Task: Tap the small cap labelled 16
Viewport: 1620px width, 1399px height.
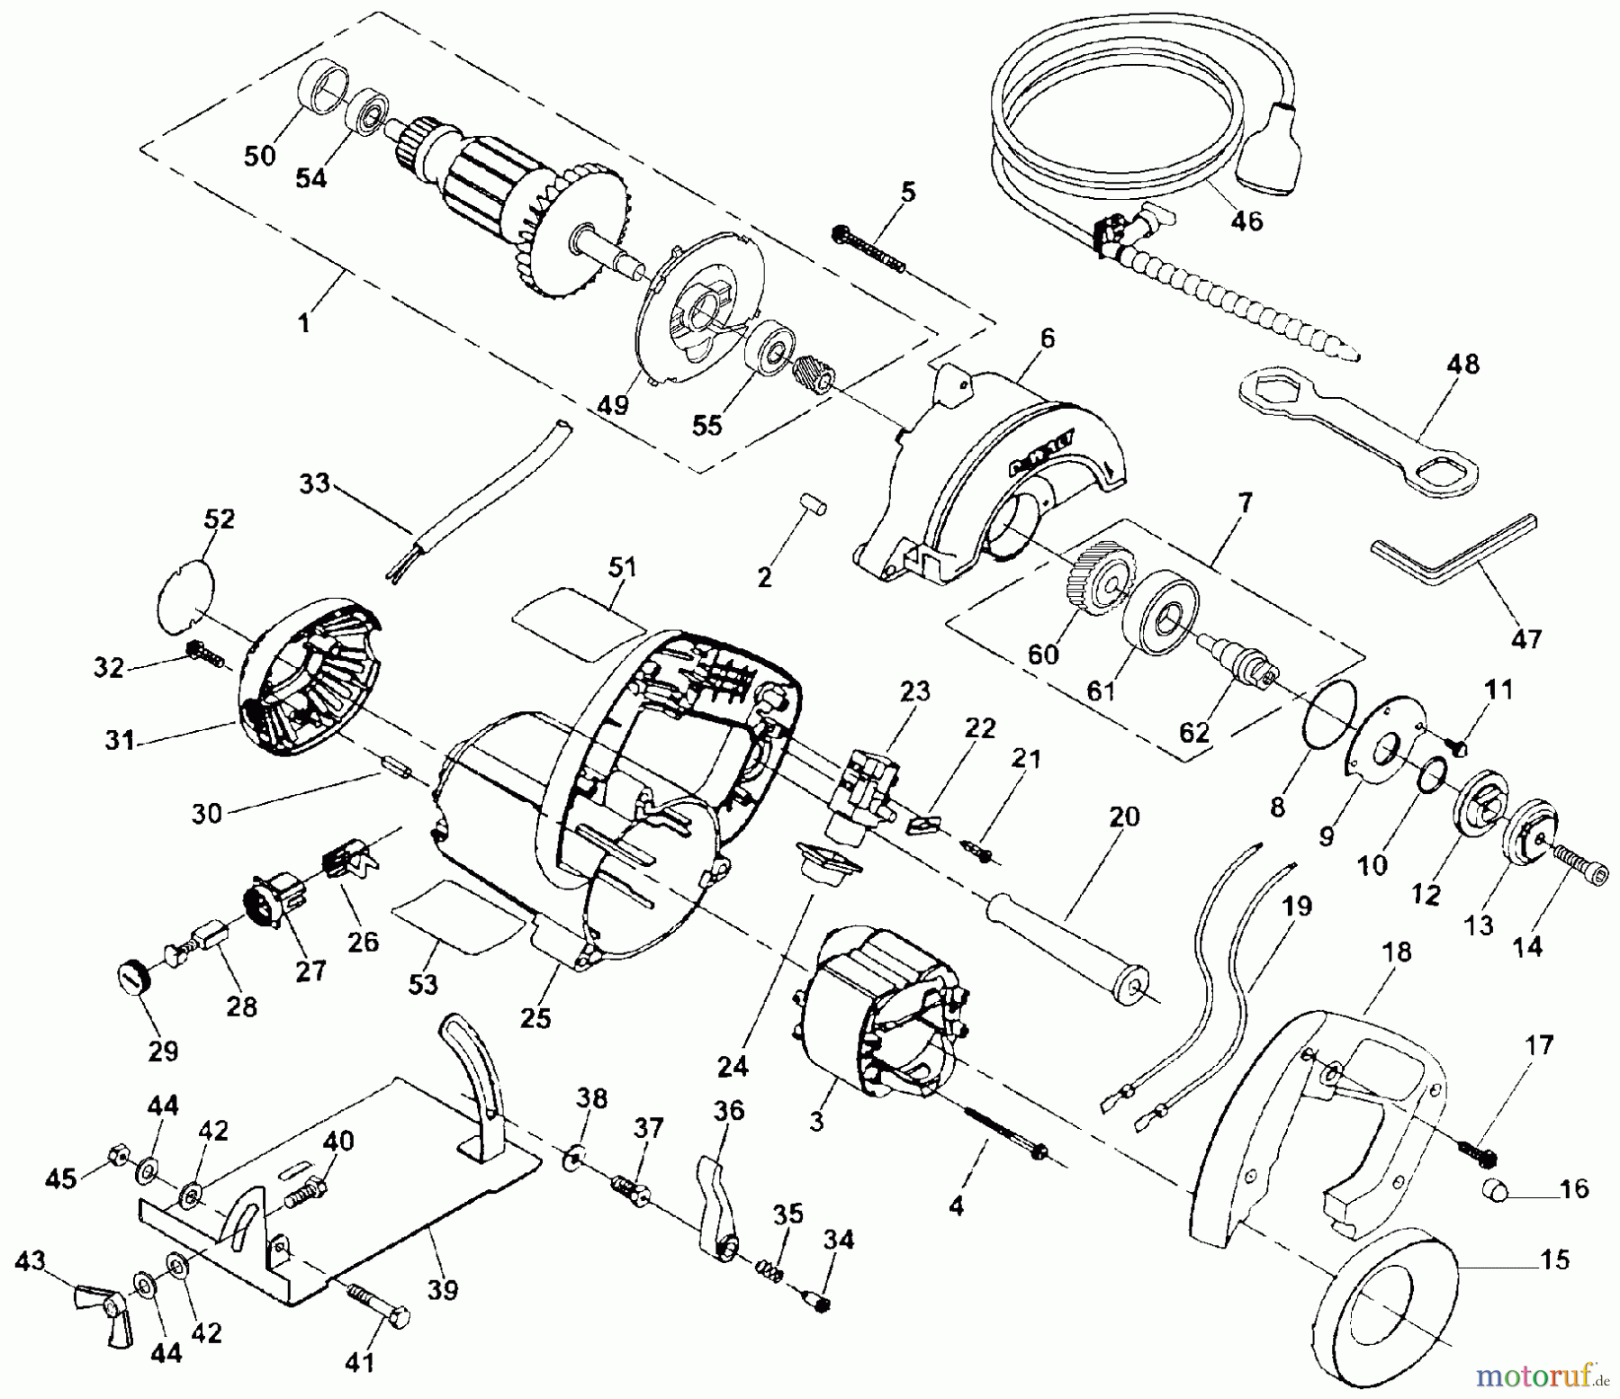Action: point(1493,1190)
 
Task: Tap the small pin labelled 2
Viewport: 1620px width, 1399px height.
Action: point(814,503)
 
